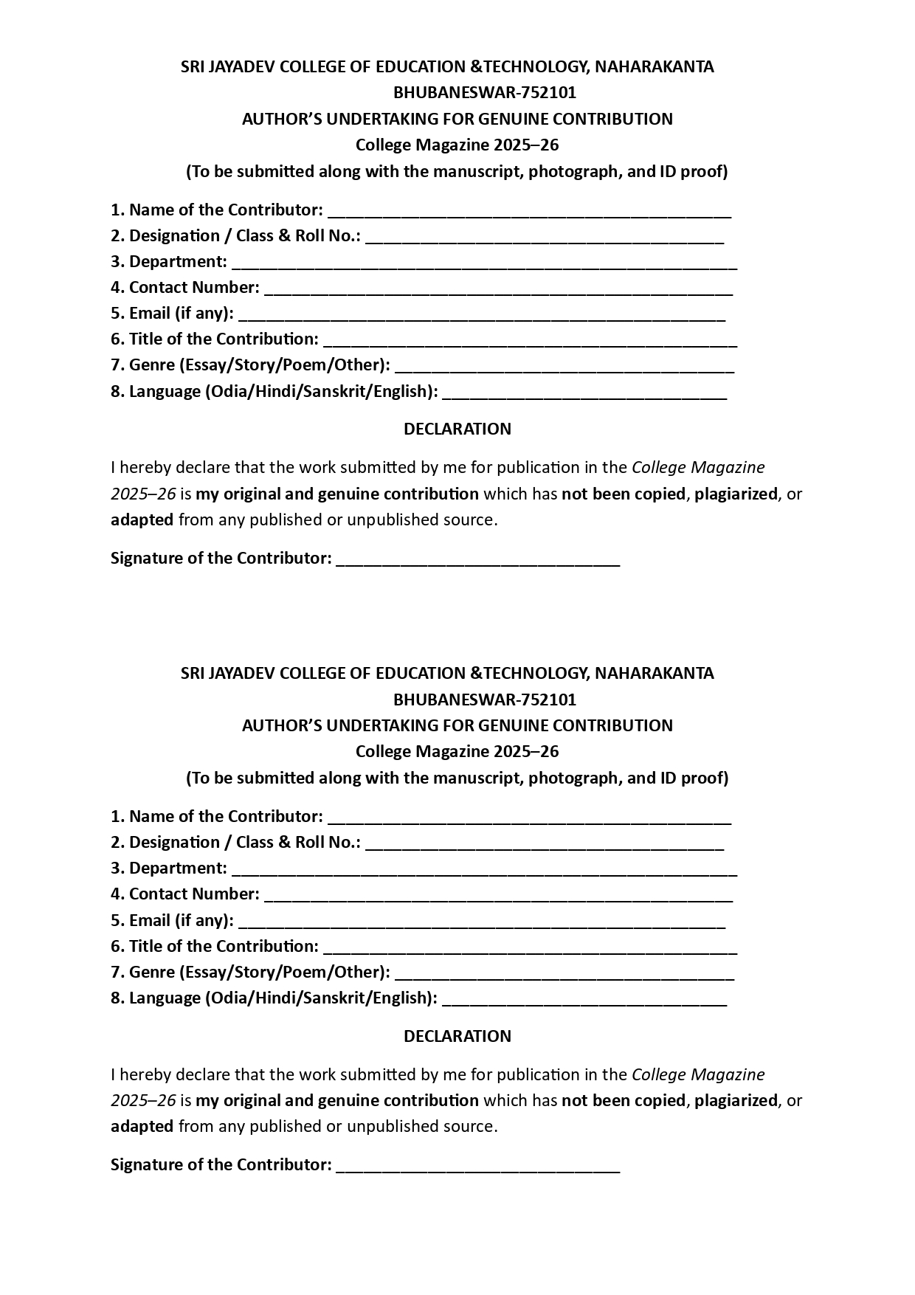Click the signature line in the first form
pyautogui.click(x=477, y=563)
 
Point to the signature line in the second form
pyautogui.click(x=477, y=1170)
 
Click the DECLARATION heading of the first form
pyautogui.click(x=457, y=429)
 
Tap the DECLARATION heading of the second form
pyautogui.click(x=457, y=1036)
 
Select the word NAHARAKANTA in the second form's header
pyautogui.click(x=655, y=673)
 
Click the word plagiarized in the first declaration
pyautogui.click(x=736, y=494)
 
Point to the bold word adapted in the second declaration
pyautogui.click(x=142, y=1127)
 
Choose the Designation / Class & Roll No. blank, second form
pyautogui.click(x=545, y=847)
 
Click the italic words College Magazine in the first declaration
pyautogui.click(x=698, y=468)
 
